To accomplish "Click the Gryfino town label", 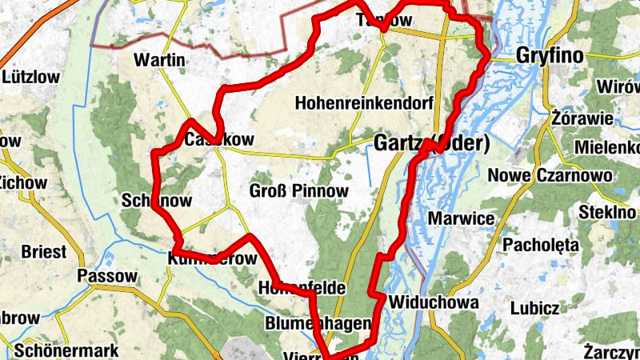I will [552, 55].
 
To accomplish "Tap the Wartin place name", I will [160, 61].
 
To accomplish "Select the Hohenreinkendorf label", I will [364, 103].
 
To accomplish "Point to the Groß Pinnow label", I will [298, 190].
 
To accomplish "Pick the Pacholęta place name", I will [541, 245].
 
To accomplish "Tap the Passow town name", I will [108, 276].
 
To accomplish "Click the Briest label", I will [44, 251].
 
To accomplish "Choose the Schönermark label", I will [66, 350].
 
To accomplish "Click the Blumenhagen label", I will [318, 323].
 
